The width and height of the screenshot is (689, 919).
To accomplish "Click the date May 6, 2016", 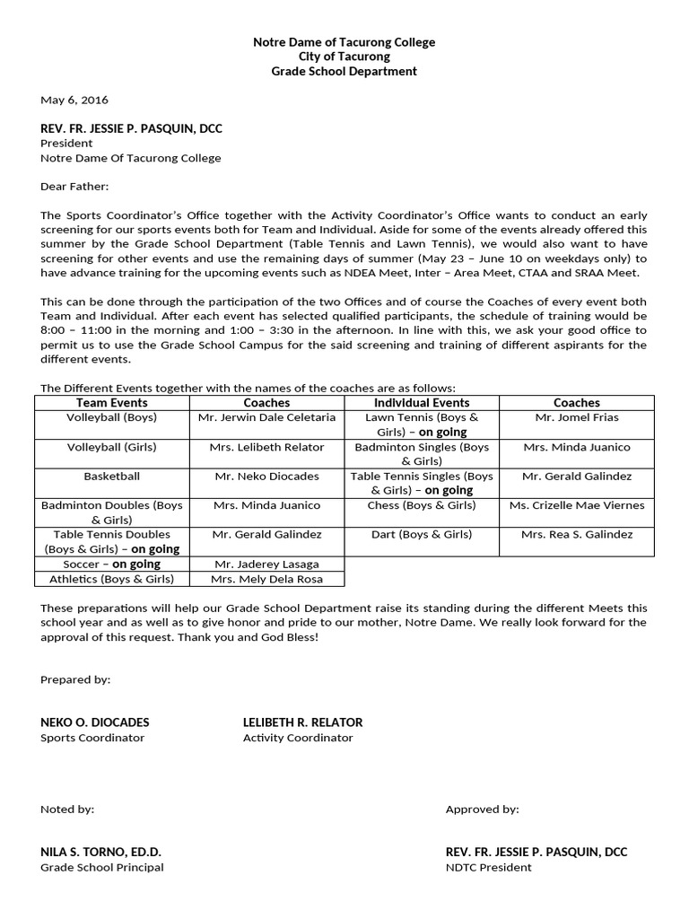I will click(74, 100).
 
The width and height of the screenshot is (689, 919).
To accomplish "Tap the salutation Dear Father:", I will click(74, 187).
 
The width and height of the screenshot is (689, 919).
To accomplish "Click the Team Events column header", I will click(112, 403).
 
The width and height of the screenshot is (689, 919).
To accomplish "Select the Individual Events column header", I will click(422, 403).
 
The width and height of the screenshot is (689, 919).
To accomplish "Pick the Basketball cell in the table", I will click(112, 476).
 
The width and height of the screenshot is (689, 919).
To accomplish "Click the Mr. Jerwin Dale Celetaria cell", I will click(266, 417).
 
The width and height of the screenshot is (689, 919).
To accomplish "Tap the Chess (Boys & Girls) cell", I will click(422, 505).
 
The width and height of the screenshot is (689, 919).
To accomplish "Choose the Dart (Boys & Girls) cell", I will click(422, 534).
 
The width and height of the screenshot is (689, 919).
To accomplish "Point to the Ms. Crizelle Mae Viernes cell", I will click(577, 505).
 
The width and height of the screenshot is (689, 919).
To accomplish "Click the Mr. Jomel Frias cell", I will click(577, 417).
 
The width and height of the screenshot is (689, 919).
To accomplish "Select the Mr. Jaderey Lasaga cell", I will click(266, 564).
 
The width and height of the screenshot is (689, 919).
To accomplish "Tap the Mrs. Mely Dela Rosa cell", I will click(266, 579).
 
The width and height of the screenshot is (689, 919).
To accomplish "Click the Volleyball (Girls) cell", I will click(112, 447).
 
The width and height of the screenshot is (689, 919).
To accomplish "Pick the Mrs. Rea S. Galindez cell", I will click(577, 534).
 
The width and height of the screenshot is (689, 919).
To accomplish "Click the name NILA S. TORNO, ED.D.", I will click(100, 852).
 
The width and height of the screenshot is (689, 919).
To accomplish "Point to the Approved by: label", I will click(482, 809).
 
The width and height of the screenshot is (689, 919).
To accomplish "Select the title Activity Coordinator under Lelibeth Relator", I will click(298, 738).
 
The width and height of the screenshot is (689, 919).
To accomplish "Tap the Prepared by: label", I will click(75, 679).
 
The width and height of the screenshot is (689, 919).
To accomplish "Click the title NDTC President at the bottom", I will click(488, 867).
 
